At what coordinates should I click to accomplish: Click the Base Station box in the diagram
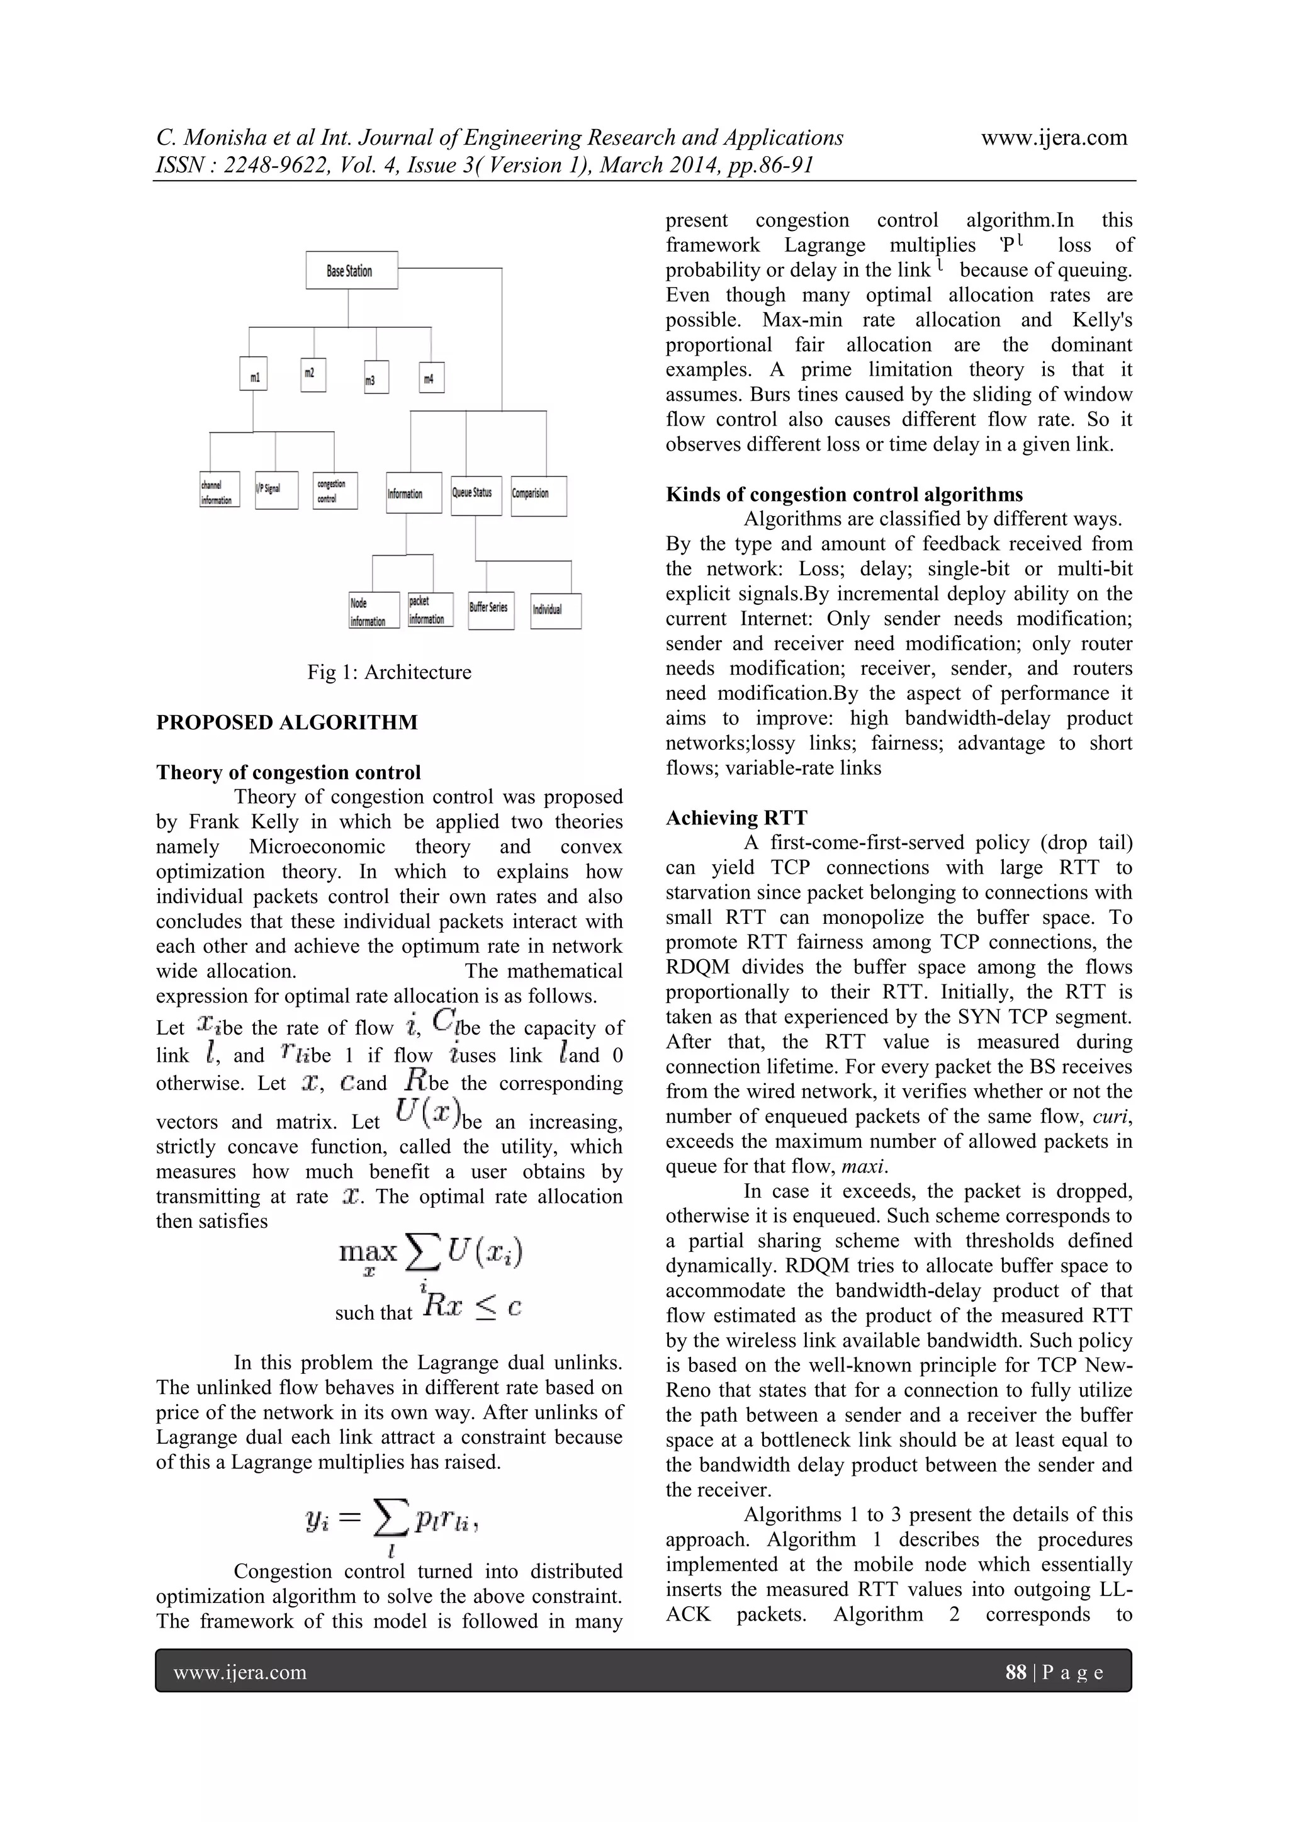351,271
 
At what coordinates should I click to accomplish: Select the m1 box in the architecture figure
253,374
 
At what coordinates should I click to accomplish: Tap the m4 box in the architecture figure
431,377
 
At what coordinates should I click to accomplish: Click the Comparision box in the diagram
538,495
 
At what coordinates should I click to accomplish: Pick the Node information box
373,611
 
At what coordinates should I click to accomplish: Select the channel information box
219,490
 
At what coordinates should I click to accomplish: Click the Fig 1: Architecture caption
389,672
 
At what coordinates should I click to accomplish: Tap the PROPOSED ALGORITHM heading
286,722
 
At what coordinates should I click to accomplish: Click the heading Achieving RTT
736,818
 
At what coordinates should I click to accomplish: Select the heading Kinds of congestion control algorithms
844,495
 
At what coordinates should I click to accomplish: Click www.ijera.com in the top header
1054,137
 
